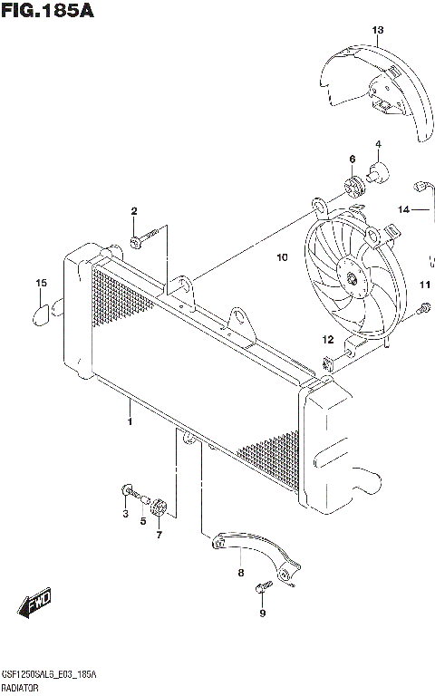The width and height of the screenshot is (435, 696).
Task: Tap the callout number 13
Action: [x=378, y=30]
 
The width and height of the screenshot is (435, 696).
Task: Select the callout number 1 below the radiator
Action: [x=130, y=422]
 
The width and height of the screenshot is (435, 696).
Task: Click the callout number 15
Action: [x=41, y=285]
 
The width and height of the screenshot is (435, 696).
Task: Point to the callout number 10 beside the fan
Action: [x=282, y=257]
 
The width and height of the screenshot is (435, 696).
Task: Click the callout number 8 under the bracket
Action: [x=240, y=572]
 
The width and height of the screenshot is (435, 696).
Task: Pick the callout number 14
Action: [x=403, y=209]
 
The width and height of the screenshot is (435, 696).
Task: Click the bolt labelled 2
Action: [x=137, y=242]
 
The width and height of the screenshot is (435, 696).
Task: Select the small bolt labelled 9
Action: [x=262, y=590]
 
